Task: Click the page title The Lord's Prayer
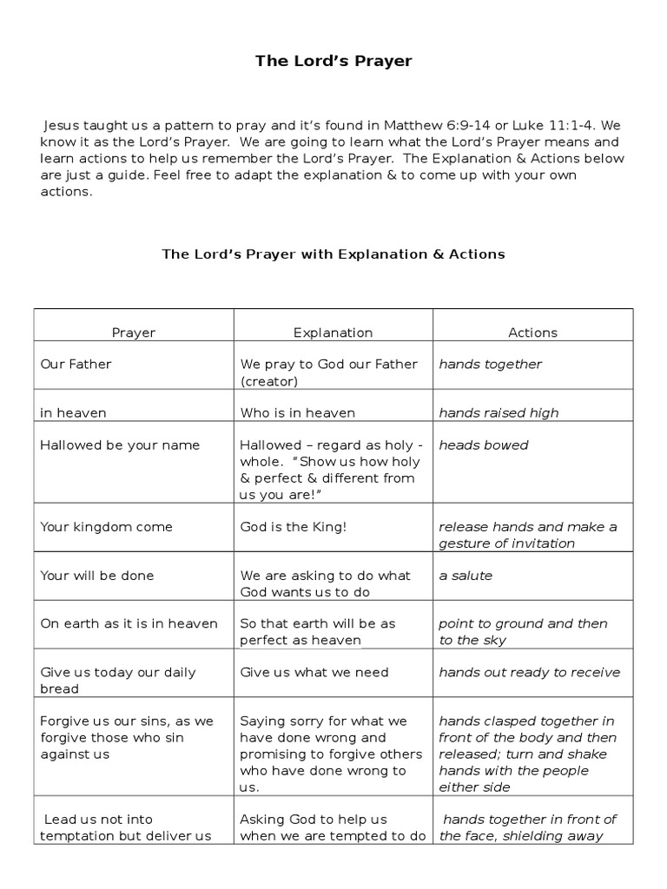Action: [333, 61]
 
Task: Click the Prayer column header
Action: [134, 333]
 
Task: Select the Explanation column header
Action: [333, 333]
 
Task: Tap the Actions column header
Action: [532, 333]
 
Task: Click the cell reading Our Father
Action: [76, 365]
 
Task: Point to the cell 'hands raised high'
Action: [499, 413]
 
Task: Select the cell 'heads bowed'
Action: [484, 445]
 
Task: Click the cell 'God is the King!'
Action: [294, 527]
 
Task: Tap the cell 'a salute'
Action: [466, 576]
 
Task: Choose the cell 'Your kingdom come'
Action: [107, 527]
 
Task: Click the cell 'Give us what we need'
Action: [314, 672]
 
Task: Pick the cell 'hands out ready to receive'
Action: [529, 672]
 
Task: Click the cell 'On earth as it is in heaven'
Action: [129, 624]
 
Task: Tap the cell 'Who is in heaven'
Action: [298, 413]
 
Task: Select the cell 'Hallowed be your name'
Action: [120, 445]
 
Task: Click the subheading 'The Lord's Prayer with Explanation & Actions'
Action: [333, 254]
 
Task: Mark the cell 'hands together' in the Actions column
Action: [490, 365]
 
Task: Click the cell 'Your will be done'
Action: [97, 576]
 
